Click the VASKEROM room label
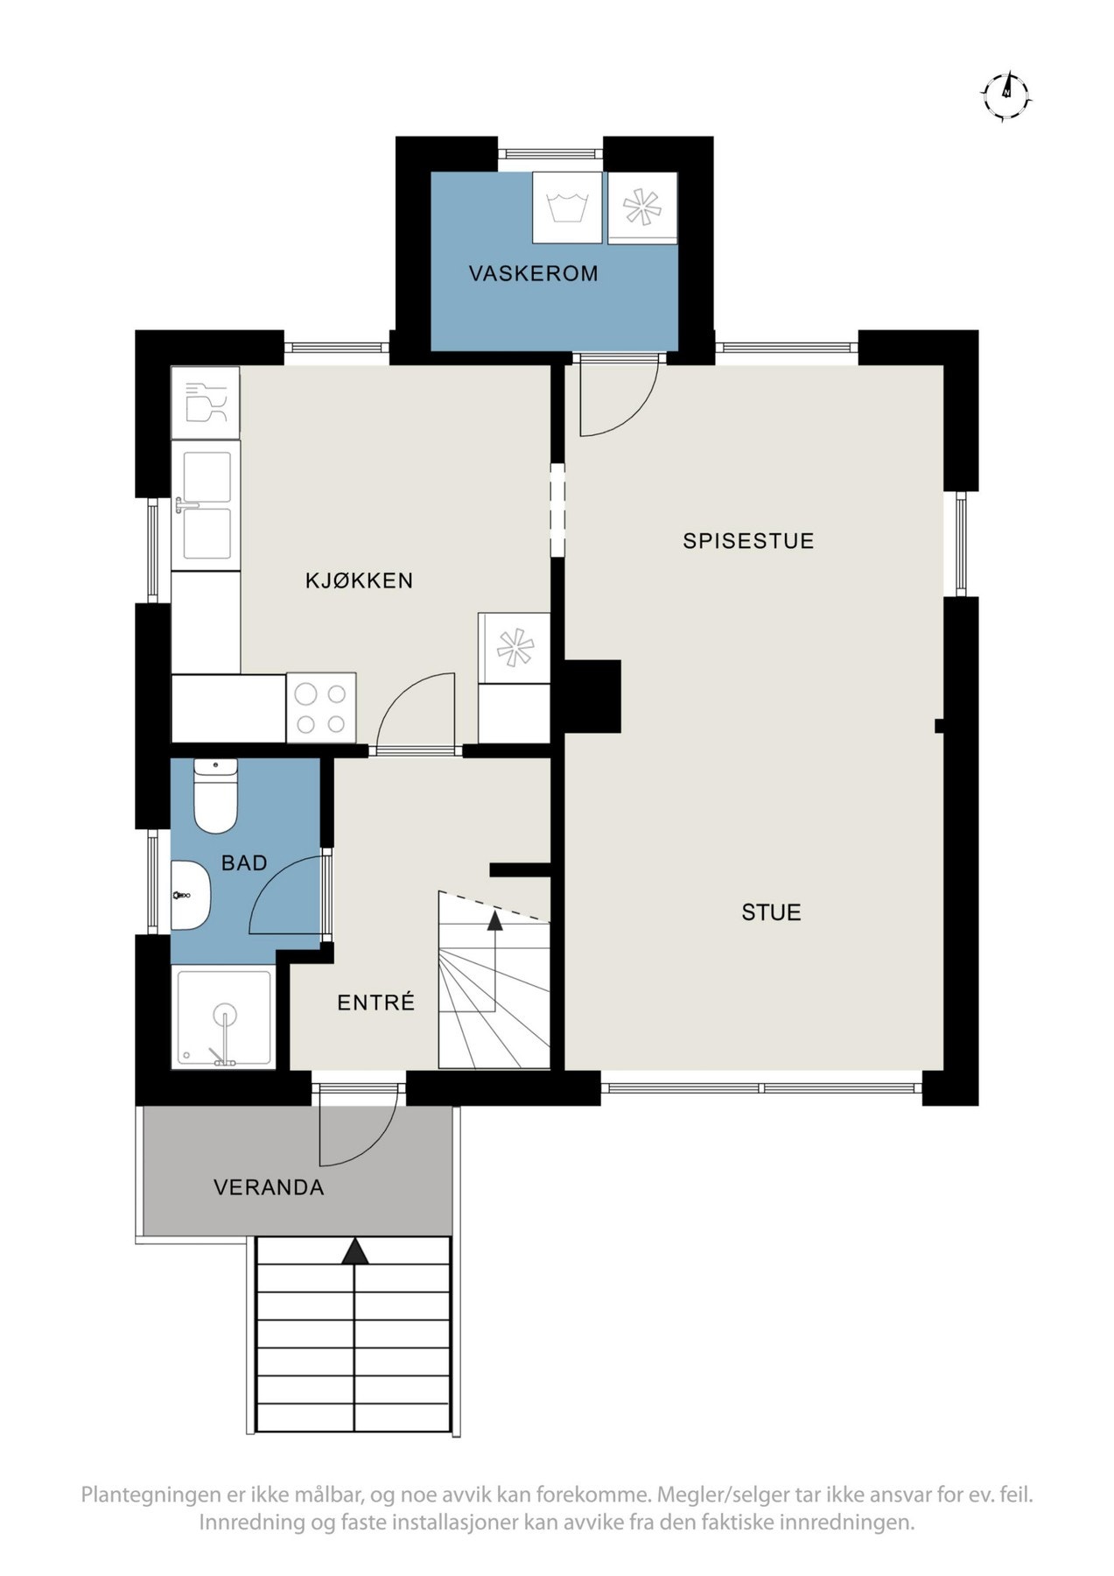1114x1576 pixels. click(x=533, y=273)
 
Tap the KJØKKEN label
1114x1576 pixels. click(x=359, y=580)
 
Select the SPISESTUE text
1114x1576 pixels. click(x=748, y=541)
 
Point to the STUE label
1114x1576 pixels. click(x=771, y=912)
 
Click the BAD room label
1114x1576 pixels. click(x=244, y=863)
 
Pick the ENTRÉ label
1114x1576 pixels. click(x=375, y=1003)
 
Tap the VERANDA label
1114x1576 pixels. click(x=269, y=1188)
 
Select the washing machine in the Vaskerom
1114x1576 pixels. click(x=567, y=208)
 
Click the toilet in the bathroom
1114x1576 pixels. click(x=215, y=796)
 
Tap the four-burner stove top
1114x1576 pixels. click(x=321, y=708)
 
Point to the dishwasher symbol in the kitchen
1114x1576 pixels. click(x=206, y=403)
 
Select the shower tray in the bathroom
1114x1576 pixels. click(x=224, y=1018)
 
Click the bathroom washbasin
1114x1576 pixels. click(x=190, y=895)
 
